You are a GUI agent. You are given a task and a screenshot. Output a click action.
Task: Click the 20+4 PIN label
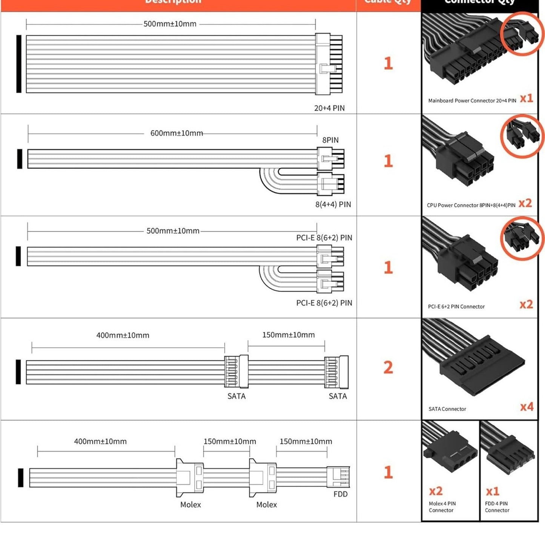click(329, 108)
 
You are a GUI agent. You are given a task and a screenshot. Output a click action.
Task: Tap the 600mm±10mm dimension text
click(177, 133)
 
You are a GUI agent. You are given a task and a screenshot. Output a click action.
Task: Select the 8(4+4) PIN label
click(333, 204)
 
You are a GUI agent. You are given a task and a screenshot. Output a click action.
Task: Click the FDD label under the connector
click(341, 494)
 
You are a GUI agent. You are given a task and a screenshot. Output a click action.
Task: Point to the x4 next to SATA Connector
click(527, 407)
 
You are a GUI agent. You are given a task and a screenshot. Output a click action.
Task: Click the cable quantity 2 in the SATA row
click(388, 367)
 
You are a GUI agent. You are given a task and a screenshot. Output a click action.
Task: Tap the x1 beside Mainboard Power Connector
click(526, 98)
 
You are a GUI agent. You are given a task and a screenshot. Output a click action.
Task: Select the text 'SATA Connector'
click(447, 409)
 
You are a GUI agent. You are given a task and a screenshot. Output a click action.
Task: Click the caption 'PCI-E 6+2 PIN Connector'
click(456, 307)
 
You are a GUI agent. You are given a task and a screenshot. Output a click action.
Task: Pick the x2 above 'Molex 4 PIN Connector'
click(436, 491)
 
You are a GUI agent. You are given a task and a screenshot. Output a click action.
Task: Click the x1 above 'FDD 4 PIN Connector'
click(492, 491)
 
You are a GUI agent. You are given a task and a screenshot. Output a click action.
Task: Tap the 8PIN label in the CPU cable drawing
click(330, 140)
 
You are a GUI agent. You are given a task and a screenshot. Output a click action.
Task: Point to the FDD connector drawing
click(338, 477)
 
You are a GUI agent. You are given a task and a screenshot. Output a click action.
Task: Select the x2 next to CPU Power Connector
click(525, 203)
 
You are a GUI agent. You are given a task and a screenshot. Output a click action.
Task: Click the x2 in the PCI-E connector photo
click(526, 304)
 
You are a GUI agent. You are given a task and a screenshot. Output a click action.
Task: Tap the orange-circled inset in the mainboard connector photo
click(522, 34)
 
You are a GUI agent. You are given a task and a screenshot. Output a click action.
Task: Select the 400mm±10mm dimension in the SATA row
click(123, 335)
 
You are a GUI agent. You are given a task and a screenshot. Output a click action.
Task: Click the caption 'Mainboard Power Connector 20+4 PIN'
click(472, 101)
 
